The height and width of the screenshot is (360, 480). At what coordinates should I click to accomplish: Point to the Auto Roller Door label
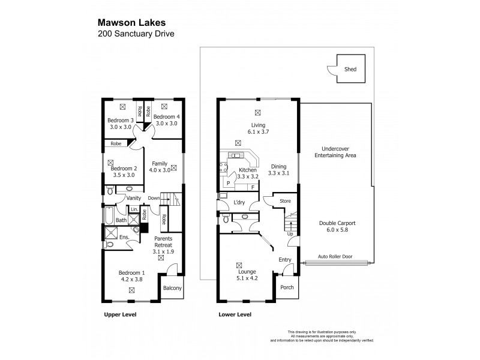(x=331, y=255)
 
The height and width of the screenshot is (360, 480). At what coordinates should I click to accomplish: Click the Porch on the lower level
(x=287, y=287)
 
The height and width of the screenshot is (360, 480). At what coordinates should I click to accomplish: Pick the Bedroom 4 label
(x=166, y=116)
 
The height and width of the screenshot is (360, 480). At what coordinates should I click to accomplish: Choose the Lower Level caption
(x=234, y=314)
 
